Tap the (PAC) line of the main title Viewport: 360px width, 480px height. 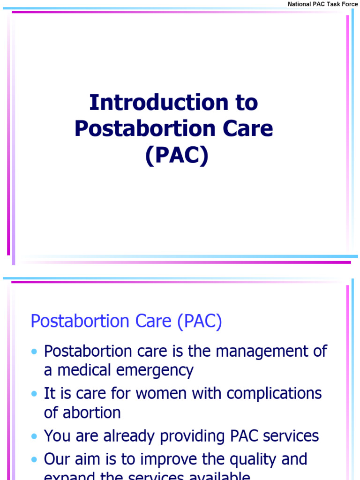pyautogui.click(x=176, y=156)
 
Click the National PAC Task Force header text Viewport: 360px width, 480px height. pyautogui.click(x=322, y=4)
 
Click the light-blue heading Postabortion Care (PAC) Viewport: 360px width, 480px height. pyautogui.click(x=126, y=322)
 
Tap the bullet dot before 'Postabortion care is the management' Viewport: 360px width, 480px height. pyautogui.click(x=34, y=352)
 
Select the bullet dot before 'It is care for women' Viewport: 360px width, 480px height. pyautogui.click(x=34, y=394)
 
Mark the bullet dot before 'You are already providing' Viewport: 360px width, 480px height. pyautogui.click(x=34, y=436)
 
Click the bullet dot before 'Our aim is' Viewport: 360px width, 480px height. pyautogui.click(x=34, y=459)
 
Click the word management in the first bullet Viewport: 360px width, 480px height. pyautogui.click(x=263, y=351)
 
